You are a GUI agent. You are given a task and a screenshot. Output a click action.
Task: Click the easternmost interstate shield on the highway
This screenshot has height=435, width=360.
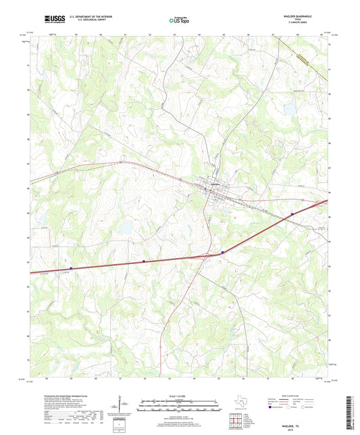292,215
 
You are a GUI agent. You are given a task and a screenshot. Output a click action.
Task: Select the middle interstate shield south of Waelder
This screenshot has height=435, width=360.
223,252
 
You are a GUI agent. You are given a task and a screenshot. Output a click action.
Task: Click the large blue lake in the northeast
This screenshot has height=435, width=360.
289,109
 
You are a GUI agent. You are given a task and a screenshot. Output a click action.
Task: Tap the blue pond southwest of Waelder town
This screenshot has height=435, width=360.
125,230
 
